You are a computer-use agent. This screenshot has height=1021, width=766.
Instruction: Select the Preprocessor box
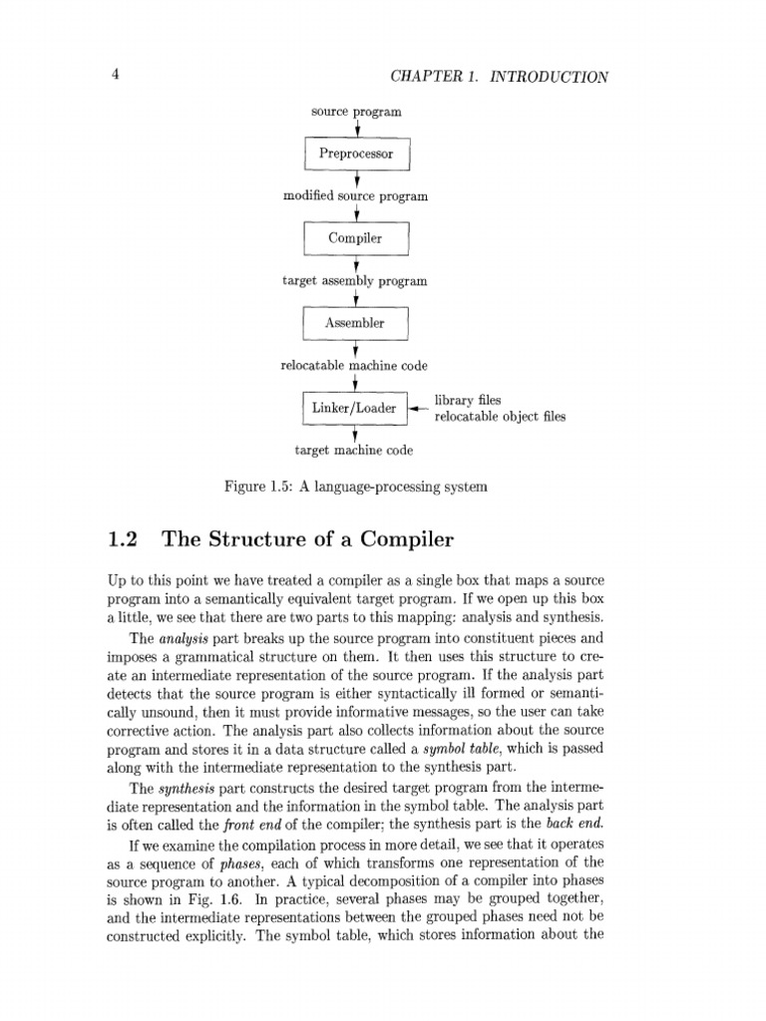[x=356, y=154]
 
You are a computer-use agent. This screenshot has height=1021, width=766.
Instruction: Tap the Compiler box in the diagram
[x=356, y=238]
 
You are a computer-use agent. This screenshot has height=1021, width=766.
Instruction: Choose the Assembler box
[x=356, y=323]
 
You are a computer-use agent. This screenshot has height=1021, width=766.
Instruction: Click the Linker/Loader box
[x=354, y=408]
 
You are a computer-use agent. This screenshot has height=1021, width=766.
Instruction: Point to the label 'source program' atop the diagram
[x=355, y=112]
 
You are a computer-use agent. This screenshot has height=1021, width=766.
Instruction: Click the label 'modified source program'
[x=356, y=196]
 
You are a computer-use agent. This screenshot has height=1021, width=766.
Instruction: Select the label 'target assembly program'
[x=355, y=281]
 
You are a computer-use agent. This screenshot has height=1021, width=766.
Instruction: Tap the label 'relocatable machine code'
[x=355, y=366]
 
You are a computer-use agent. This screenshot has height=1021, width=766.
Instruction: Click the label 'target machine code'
[x=355, y=451]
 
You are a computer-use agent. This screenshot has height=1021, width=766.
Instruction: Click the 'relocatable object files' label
[x=500, y=416]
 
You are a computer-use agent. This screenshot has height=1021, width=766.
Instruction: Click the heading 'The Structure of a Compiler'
[x=308, y=540]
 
